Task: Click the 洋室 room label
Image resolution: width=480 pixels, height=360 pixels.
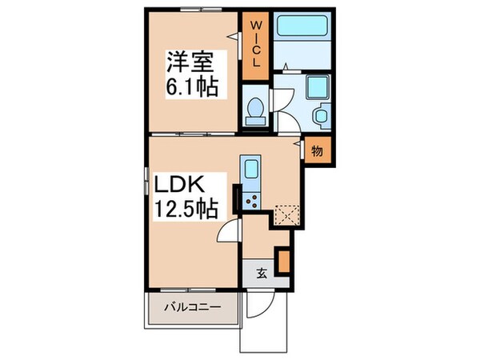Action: pos(192,61)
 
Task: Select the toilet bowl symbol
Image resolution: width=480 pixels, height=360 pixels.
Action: pos(255,110)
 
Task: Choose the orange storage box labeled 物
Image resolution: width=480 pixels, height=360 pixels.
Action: pos(316,150)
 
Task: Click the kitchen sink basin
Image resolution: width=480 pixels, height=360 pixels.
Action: pos(250,170)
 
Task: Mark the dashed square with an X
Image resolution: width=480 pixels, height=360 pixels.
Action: pos(286,214)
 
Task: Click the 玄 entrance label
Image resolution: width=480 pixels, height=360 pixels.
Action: pos(262,272)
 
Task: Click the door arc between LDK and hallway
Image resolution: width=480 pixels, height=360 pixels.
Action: pos(230,232)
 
